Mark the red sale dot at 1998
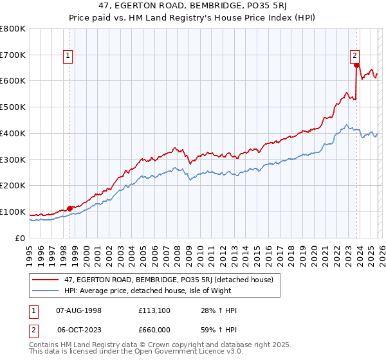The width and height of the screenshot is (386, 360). coord(69,208)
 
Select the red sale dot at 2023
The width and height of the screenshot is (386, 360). coord(356,66)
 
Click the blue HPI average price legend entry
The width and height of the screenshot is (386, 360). coord(154,291)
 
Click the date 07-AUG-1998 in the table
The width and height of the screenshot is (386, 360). coord(78,310)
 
